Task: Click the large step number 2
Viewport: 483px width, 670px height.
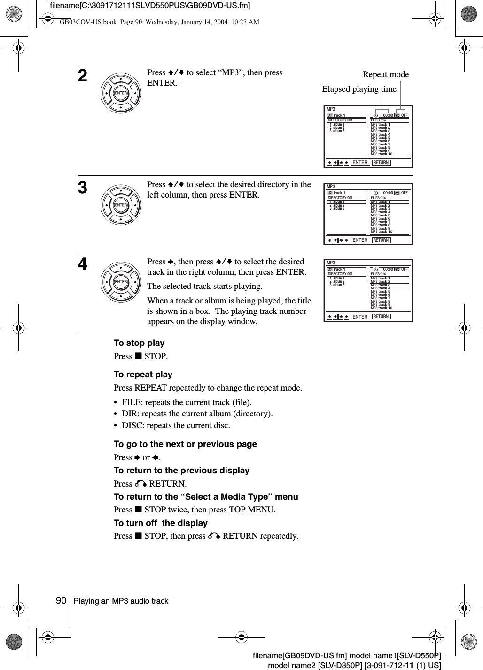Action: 83,76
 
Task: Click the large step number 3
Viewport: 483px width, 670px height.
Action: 83,188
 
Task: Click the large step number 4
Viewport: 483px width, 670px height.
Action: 83,265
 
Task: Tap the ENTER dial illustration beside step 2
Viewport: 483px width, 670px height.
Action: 121,93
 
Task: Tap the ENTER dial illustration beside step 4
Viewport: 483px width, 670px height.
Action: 121,282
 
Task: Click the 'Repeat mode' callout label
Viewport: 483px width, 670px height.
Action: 386,74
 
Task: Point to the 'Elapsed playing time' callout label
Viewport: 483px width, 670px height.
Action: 359,89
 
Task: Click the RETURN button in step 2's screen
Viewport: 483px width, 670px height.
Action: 381,163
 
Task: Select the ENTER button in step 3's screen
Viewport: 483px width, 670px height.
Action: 360,240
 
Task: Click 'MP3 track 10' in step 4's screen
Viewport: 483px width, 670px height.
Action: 382,308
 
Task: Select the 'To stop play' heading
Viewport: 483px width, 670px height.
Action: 139,343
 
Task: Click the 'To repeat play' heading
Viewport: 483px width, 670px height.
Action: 143,375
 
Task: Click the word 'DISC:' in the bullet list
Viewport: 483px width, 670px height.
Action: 132,425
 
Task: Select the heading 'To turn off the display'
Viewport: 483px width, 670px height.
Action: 160,523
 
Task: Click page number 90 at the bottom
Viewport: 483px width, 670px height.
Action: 61,601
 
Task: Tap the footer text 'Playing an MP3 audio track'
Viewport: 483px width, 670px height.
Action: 121,601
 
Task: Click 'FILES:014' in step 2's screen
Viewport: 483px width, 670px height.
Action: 378,120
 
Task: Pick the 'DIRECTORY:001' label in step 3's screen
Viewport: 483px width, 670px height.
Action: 340,198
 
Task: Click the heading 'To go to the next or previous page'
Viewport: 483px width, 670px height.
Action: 185,444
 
